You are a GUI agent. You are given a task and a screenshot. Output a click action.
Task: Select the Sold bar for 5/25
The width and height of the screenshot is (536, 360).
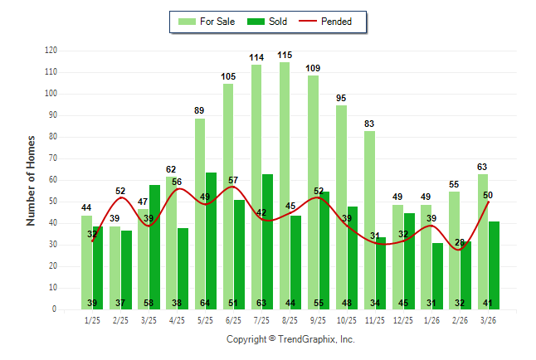212,241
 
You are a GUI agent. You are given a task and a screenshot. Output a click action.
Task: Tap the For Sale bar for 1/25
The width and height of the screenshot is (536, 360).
87,262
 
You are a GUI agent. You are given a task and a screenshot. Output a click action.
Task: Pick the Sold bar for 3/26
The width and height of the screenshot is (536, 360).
494,265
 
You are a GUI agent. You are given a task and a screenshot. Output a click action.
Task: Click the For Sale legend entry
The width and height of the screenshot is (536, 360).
207,22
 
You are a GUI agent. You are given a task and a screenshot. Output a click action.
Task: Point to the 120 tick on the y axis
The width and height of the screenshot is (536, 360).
51,51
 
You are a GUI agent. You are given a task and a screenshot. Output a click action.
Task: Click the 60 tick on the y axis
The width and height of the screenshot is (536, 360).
52,180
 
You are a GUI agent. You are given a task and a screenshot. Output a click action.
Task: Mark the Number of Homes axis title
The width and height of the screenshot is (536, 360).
31,180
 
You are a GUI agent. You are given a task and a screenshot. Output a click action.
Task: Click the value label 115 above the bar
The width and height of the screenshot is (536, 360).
285,56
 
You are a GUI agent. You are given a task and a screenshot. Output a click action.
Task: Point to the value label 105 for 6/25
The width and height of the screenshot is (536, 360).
229,77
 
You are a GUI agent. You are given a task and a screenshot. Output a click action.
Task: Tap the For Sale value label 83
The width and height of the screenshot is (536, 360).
370,124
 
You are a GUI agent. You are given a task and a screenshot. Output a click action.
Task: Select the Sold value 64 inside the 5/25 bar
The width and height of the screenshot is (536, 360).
212,303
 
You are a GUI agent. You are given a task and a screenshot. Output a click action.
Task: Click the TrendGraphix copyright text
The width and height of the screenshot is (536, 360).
290,339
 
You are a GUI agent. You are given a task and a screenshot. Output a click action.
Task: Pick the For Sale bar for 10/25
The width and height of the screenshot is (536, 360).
341,207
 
